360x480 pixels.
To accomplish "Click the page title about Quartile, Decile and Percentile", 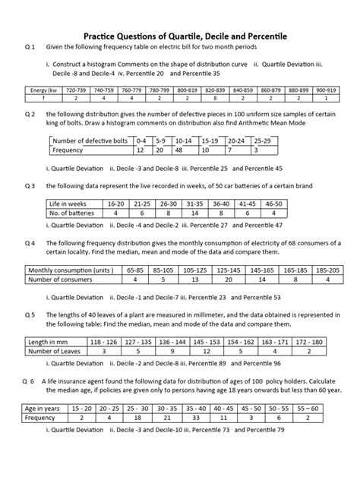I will pyautogui.click(x=180, y=36).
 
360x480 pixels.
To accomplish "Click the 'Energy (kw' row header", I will pyautogui.click(x=44, y=90).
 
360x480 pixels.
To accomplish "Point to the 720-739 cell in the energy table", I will pyautogui.click(x=76, y=90).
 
